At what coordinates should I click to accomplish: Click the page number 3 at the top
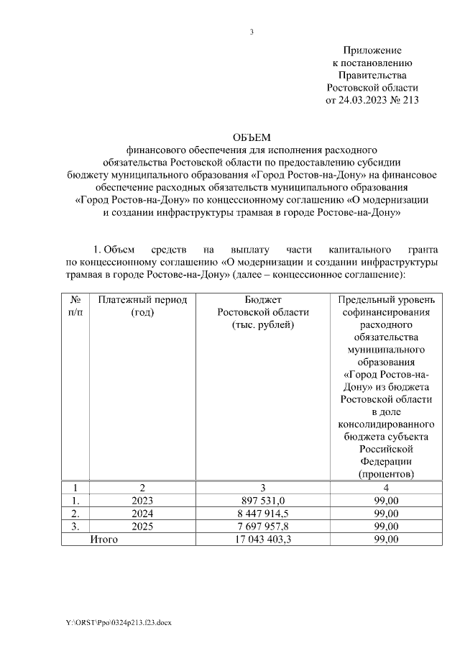click(252, 31)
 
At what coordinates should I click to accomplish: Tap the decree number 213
click(408, 101)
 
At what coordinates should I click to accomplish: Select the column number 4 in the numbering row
click(386, 487)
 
